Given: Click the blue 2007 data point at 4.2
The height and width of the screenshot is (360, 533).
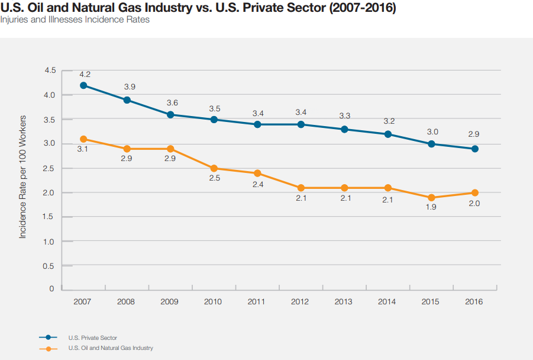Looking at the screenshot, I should (x=83, y=85).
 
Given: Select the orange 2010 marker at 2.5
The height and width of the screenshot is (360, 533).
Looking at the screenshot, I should (x=214, y=168).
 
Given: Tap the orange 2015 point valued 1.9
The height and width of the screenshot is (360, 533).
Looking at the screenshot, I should (x=431, y=198).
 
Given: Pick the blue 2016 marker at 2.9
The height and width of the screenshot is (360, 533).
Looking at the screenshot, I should (x=475, y=149).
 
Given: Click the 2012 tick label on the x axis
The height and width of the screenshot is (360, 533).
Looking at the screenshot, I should (x=300, y=301).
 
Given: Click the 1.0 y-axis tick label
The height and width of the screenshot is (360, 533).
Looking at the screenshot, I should (x=50, y=242).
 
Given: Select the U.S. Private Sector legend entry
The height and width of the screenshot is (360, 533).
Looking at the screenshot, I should (x=92, y=337).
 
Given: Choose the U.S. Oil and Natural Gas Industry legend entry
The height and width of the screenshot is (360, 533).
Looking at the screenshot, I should (x=111, y=348).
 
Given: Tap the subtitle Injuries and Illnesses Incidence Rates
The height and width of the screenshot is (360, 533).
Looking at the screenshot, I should (x=75, y=20).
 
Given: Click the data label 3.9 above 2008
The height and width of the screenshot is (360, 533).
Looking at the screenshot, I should (x=130, y=87).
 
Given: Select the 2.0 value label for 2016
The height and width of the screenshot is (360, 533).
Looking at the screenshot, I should (x=474, y=204).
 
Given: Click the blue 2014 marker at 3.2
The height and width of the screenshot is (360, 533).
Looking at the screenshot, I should (x=387, y=134).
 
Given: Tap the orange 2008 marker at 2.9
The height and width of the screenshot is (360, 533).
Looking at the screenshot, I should (x=127, y=149).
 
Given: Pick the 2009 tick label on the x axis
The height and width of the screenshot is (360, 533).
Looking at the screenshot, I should (x=169, y=301).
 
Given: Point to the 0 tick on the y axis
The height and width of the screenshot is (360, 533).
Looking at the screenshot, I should (x=52, y=289).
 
